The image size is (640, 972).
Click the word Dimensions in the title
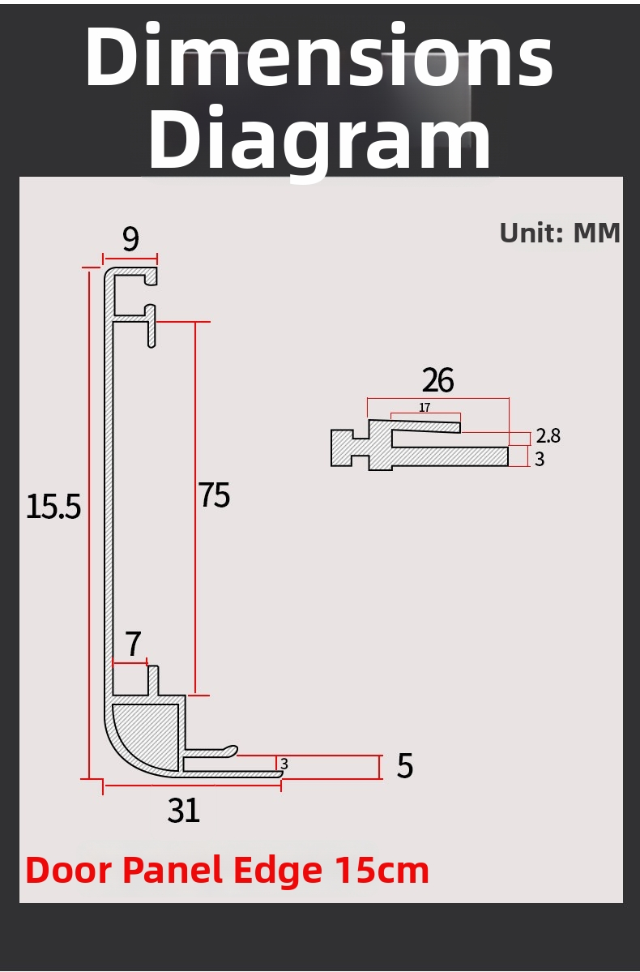point(319,58)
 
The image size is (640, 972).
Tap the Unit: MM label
point(559,233)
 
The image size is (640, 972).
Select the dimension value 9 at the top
point(130,239)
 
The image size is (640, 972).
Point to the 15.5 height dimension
point(53,507)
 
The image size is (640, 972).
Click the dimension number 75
point(215,495)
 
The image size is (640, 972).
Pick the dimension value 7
point(133,645)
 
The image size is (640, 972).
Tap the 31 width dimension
point(184,810)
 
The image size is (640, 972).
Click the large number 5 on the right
point(405,766)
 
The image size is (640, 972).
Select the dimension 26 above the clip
point(437,380)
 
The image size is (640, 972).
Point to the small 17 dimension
point(425,408)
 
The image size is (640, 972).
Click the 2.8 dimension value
point(548,436)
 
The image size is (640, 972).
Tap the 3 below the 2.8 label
point(540,460)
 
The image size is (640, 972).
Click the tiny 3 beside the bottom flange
point(284,764)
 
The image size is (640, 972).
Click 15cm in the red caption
point(382,870)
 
